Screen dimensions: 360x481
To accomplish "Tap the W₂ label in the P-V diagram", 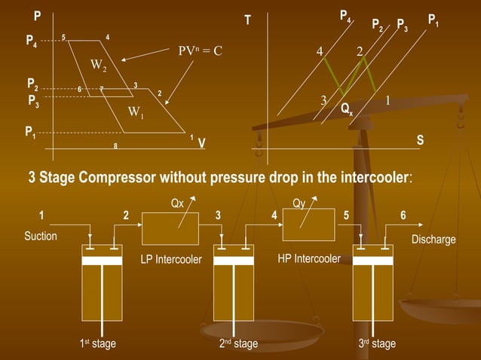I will pyautogui.click(x=99, y=67).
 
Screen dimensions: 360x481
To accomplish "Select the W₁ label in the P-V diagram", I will pyautogui.click(x=136, y=114).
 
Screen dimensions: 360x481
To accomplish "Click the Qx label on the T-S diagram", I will pyautogui.click(x=346, y=109).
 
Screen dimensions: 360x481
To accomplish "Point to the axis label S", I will pyautogui.click(x=420, y=141).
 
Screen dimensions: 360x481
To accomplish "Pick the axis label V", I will pyautogui.click(x=202, y=144).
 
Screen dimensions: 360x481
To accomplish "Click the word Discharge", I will pyautogui.click(x=433, y=239).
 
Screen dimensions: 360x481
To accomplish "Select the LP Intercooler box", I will pyautogui.click(x=170, y=228).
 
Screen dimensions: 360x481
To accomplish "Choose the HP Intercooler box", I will pyautogui.click(x=308, y=225).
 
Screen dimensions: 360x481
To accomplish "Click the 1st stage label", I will pyautogui.click(x=98, y=344).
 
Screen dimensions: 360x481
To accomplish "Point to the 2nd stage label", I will pyautogui.click(x=238, y=344).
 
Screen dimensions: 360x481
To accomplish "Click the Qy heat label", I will pyautogui.click(x=298, y=203).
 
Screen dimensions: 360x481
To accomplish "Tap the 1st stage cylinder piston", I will pyautogui.click(x=102, y=260).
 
